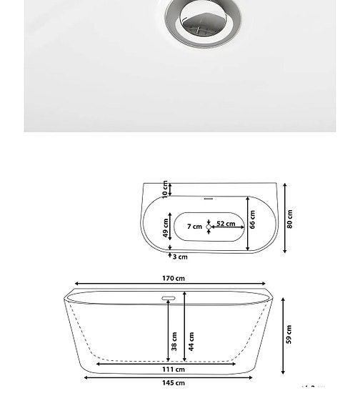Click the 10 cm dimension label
[x=166, y=189]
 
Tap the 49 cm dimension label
[x=166, y=229]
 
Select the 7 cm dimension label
[x=194, y=227]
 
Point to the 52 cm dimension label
[x=226, y=224]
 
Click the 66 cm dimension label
[x=252, y=219]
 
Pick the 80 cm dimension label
[x=290, y=219]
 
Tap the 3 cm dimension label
[x=181, y=257]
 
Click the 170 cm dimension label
[x=174, y=278]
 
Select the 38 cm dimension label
[x=174, y=342]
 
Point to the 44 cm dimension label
[x=191, y=342]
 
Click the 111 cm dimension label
[x=174, y=370]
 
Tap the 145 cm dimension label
[x=174, y=383]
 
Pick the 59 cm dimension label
[x=289, y=335]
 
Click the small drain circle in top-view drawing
[x=209, y=226]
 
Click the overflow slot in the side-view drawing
[x=169, y=297]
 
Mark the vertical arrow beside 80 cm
[x=284, y=218]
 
